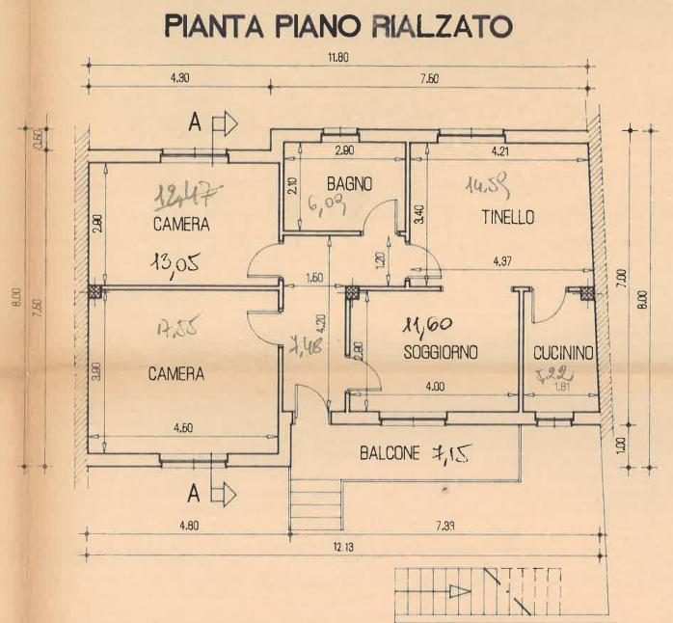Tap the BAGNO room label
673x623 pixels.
(349, 182)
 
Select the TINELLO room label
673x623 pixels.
(508, 218)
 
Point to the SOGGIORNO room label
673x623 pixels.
(441, 353)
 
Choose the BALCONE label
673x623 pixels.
(390, 452)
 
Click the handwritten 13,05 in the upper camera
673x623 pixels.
(175, 261)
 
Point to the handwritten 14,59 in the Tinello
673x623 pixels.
(487, 183)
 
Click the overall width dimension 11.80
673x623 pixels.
(336, 58)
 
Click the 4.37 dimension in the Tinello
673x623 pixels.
(503, 260)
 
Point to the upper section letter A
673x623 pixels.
(195, 123)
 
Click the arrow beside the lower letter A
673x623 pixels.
(224, 495)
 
